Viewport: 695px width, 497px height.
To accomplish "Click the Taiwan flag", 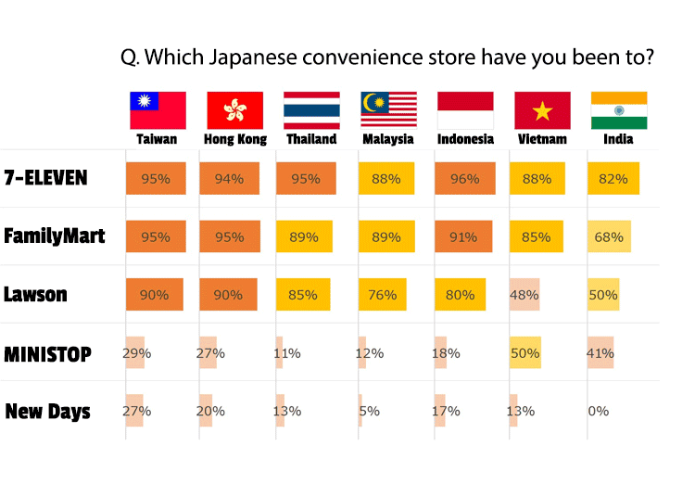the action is (158, 110).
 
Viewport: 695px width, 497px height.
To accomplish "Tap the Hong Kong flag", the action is (235, 110).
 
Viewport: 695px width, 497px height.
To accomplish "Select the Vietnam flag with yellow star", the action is (542, 110).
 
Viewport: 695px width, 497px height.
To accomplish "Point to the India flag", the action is (619, 110).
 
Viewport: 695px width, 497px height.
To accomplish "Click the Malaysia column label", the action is (388, 139).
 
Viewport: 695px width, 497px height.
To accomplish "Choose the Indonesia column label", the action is (465, 139).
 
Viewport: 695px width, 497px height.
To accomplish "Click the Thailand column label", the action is (311, 139).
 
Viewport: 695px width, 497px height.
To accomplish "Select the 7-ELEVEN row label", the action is (45, 178).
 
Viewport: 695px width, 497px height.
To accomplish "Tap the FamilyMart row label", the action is (55, 236).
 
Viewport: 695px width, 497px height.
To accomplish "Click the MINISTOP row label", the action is (48, 354).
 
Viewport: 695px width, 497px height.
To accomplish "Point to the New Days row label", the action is (48, 412).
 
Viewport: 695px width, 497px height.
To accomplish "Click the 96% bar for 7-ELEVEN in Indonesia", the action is (465, 179).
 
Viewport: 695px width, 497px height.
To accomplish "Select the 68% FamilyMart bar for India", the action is (609, 236).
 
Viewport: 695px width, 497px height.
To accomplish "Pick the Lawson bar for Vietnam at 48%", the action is (524, 294).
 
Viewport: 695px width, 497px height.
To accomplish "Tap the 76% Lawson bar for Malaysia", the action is (383, 294).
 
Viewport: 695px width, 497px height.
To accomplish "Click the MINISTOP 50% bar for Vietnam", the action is (525, 352).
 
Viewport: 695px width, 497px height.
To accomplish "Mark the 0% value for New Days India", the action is (599, 411).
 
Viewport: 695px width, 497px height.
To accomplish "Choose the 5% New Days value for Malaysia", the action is (369, 411).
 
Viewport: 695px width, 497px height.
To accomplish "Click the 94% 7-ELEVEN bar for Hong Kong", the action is (230, 179).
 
